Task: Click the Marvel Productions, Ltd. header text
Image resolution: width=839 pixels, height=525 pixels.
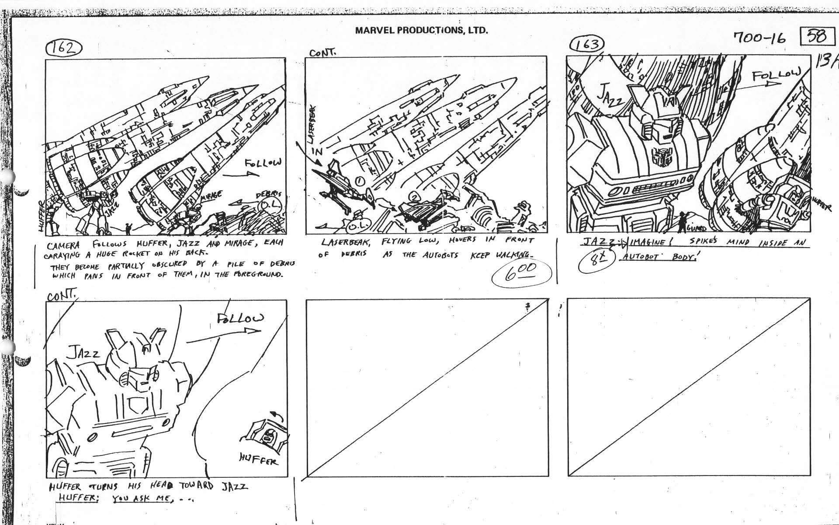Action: (421, 31)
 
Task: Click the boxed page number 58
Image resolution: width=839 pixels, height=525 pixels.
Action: (816, 36)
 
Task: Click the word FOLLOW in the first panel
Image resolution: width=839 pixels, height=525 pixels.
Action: (263, 163)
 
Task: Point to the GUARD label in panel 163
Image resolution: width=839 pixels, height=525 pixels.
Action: (697, 228)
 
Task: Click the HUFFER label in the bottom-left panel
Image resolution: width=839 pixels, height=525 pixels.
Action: (258, 459)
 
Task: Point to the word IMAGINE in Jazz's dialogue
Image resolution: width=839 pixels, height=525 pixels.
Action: (645, 242)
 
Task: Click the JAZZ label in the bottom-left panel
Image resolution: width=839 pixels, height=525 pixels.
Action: (83, 352)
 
